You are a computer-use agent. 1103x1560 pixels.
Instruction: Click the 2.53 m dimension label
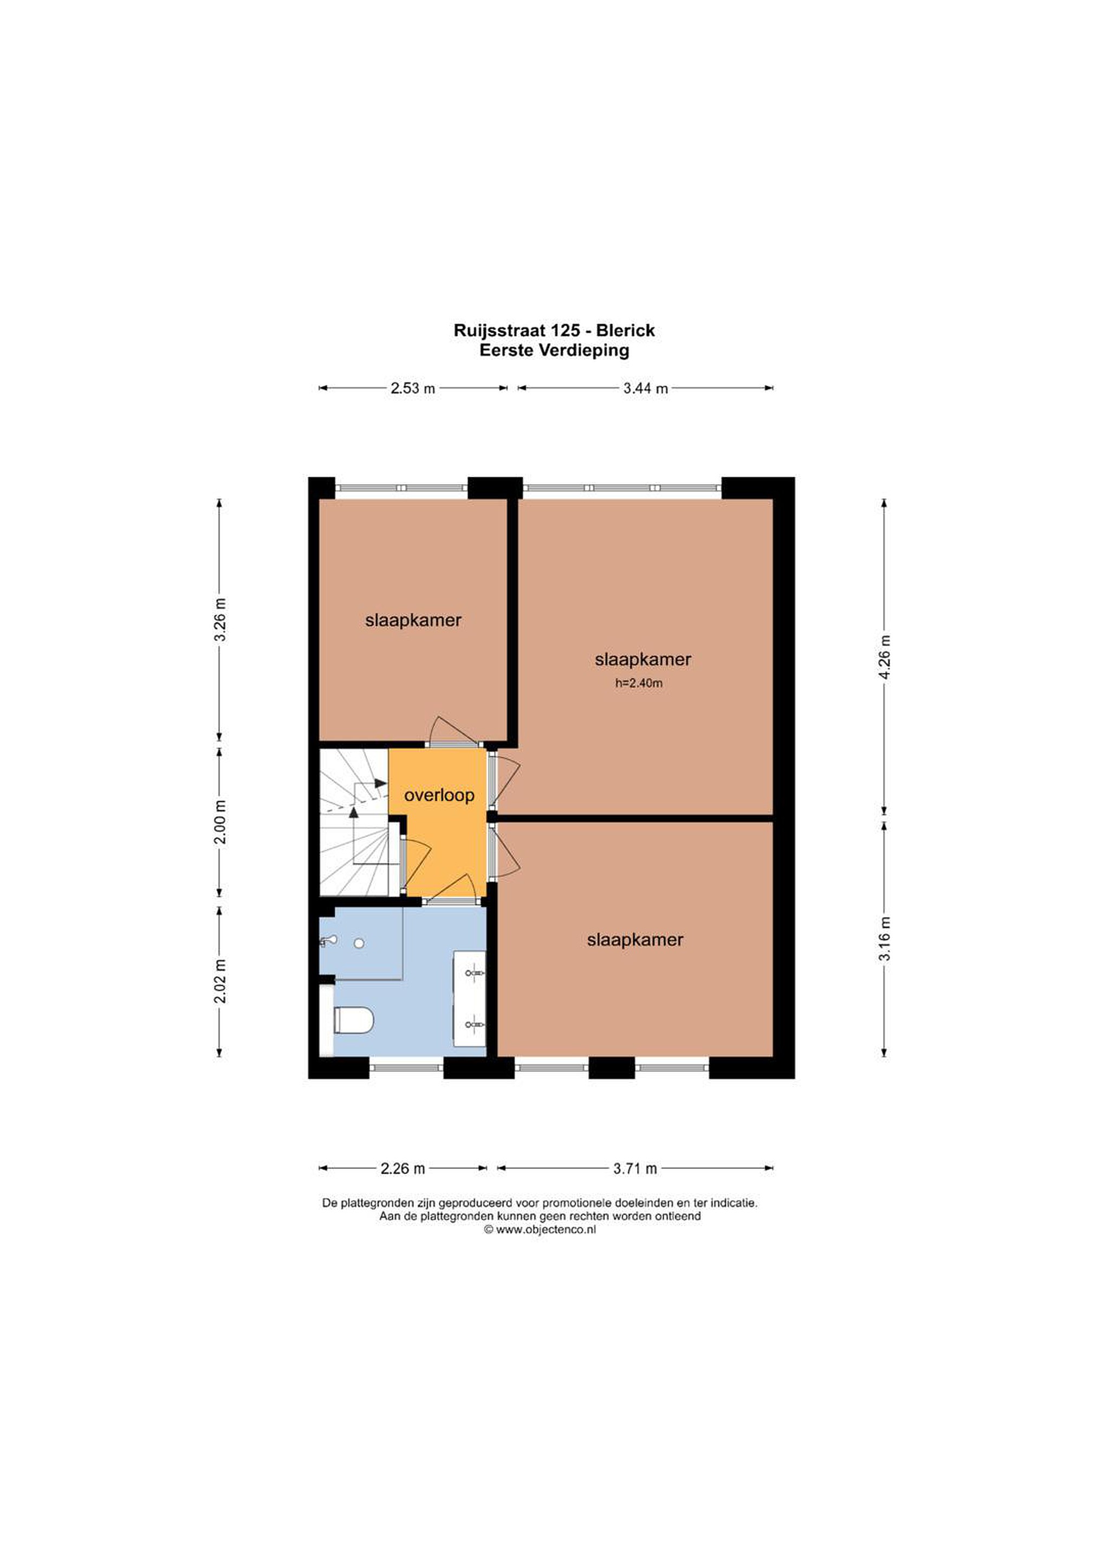click(x=412, y=388)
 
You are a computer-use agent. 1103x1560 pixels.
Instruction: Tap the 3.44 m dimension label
click(x=646, y=388)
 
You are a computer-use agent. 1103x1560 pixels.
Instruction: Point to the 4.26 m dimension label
click(x=884, y=656)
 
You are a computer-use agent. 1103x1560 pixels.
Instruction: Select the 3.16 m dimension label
click(x=884, y=940)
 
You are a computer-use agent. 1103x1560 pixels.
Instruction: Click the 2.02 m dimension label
click(x=219, y=981)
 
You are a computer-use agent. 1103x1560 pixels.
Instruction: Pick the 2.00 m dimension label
click(x=219, y=823)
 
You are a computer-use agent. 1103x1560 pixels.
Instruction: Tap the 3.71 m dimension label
click(x=635, y=1168)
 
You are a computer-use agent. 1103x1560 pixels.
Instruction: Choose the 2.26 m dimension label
click(x=403, y=1168)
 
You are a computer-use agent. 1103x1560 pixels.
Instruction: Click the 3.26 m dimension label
click(x=219, y=619)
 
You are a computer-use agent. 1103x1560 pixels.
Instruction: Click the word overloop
click(x=439, y=795)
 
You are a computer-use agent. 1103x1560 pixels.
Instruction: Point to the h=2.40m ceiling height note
click(x=639, y=684)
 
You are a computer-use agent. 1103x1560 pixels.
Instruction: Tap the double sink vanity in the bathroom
click(x=470, y=999)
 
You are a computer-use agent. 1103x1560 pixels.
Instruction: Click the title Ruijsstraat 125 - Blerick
click(x=554, y=331)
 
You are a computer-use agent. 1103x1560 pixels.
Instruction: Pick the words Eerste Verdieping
click(x=554, y=350)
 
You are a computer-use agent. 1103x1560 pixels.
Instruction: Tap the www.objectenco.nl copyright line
click(x=540, y=1229)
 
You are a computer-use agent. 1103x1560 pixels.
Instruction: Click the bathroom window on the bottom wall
click(x=407, y=1068)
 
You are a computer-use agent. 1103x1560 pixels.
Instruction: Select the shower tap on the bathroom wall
click(x=329, y=941)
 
